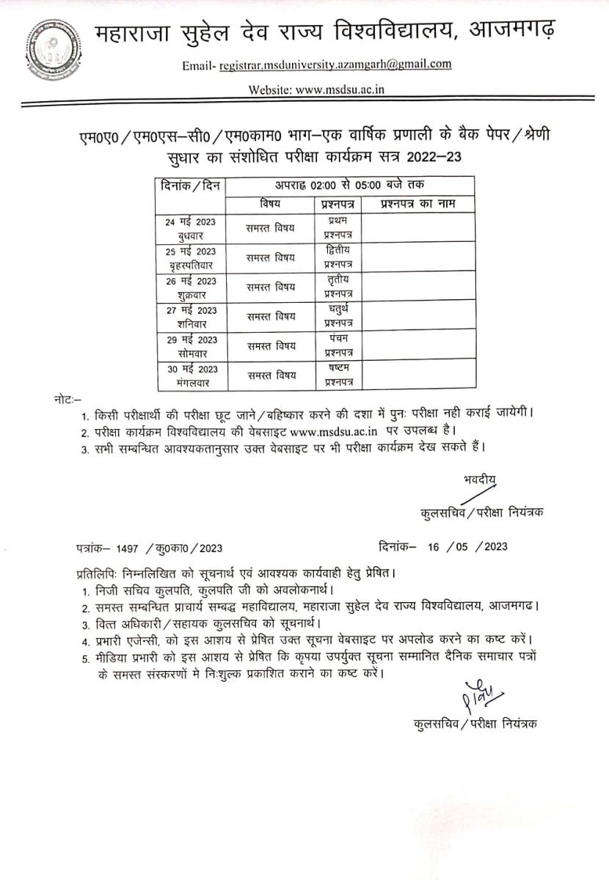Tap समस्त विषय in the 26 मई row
tap(271, 287)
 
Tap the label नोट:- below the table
tap(68, 399)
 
